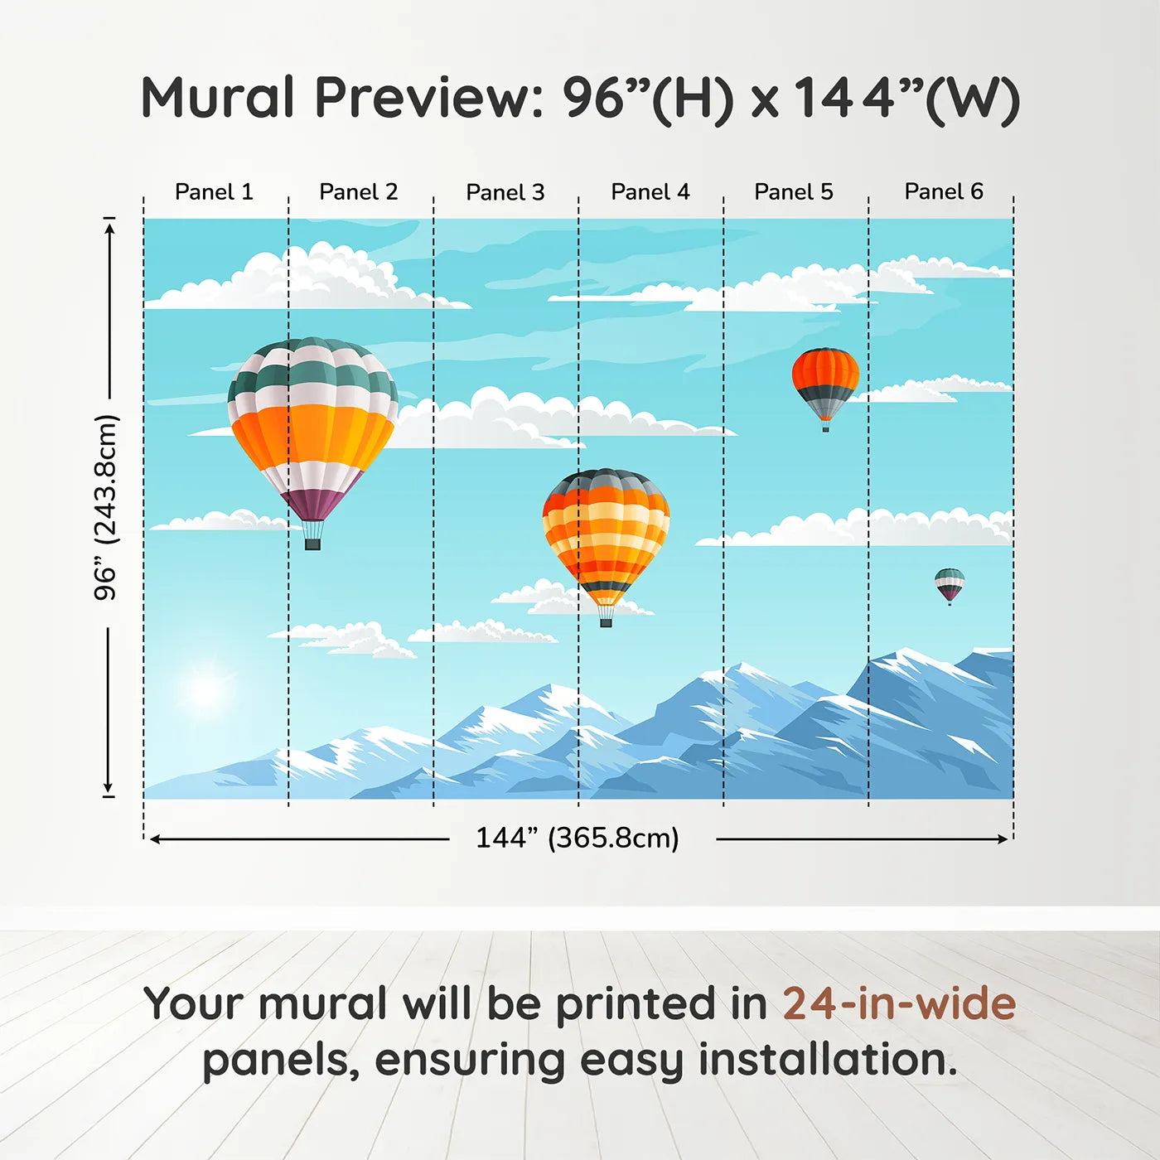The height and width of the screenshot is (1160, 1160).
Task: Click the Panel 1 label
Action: [214, 192]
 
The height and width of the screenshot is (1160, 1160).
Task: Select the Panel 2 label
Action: [358, 192]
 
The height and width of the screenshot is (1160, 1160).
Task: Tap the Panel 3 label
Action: [505, 192]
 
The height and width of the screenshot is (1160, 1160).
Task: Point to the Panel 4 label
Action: [650, 192]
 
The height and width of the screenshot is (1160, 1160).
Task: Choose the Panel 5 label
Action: [793, 192]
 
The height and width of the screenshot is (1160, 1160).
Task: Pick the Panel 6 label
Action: [943, 192]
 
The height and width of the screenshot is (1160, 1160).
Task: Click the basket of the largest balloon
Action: [312, 544]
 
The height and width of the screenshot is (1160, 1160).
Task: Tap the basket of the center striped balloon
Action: [606, 621]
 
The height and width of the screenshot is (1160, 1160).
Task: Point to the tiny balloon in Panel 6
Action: [950, 584]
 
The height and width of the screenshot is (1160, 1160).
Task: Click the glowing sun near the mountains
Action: [205, 689]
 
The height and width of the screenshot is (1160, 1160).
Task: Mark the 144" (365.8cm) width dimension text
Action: [577, 838]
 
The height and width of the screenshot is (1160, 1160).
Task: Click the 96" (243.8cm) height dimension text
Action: [106, 507]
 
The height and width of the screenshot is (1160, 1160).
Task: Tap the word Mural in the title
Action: [217, 98]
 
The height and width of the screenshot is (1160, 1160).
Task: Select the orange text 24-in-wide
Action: [898, 1004]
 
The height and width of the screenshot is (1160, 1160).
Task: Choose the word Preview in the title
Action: [428, 98]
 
